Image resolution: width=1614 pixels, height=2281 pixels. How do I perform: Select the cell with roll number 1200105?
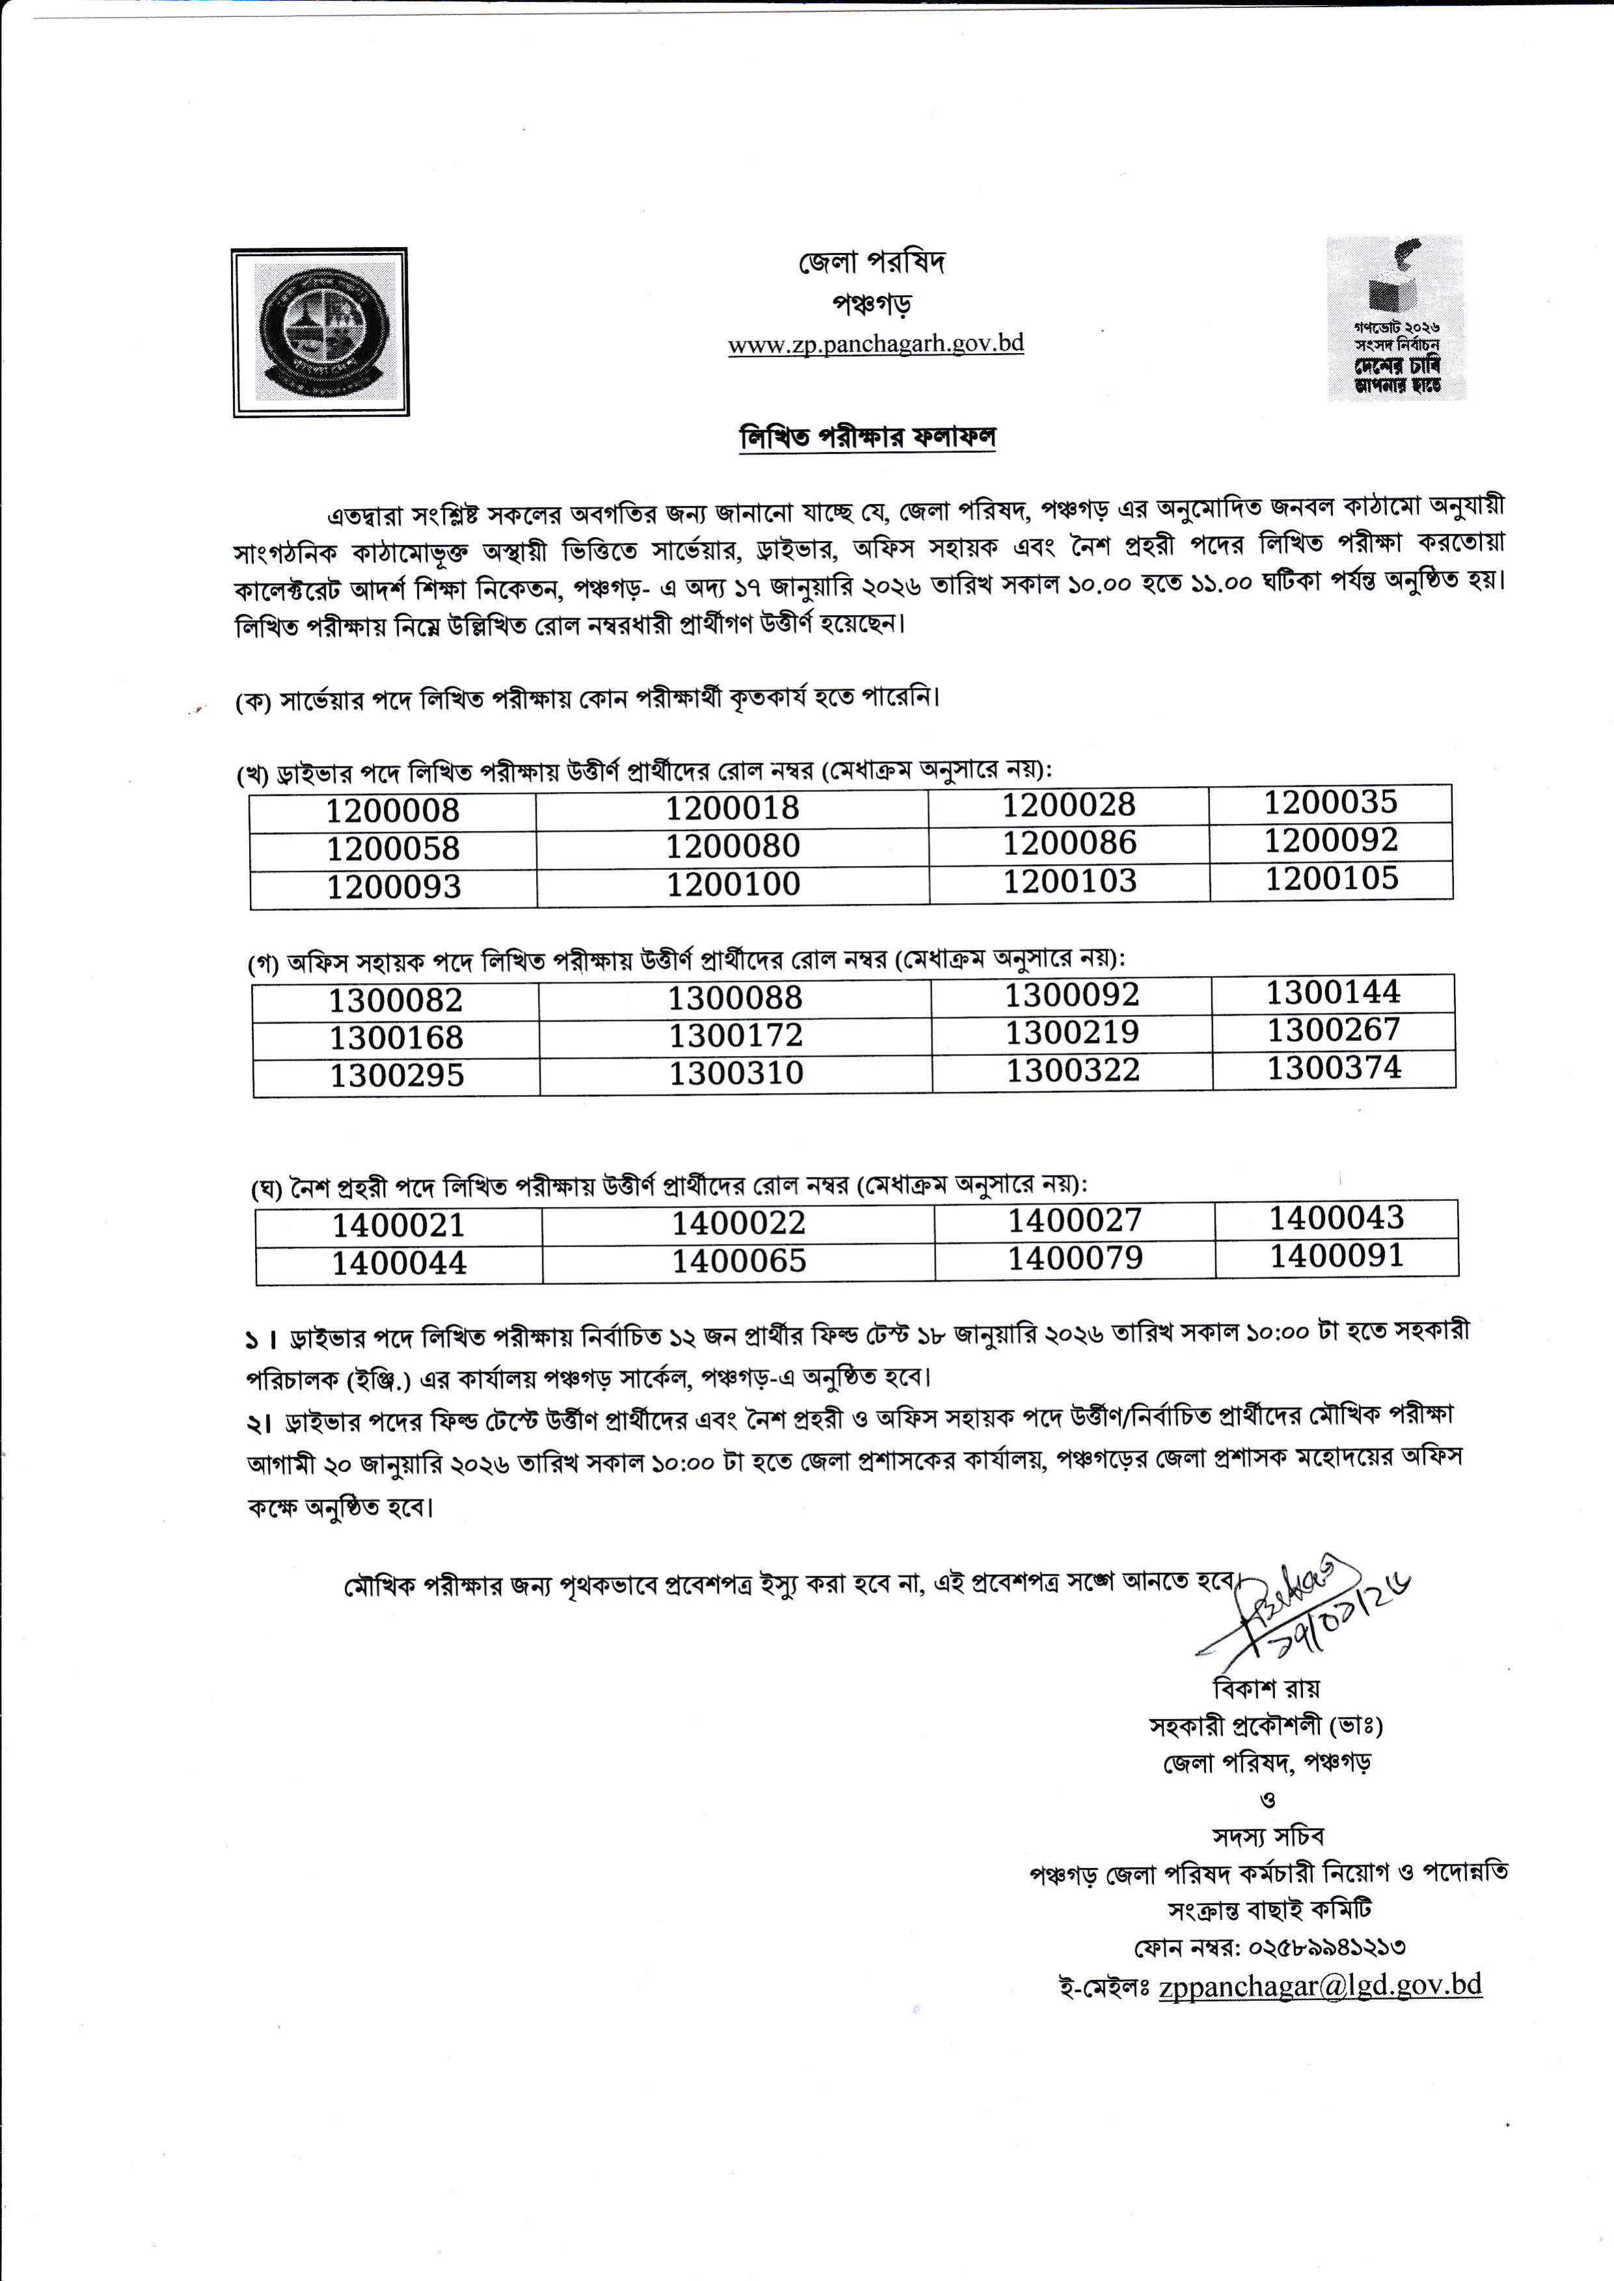[1331, 878]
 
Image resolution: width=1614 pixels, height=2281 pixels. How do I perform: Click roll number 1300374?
[1333, 1068]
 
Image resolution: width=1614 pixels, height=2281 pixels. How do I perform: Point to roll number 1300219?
[1071, 1032]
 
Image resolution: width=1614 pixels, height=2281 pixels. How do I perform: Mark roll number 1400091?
[1336, 1256]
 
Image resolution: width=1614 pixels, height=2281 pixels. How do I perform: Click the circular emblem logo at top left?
[320, 332]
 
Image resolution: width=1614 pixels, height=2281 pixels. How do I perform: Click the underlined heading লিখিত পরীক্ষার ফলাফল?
[868, 437]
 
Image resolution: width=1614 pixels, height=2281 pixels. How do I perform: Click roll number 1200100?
[733, 883]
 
